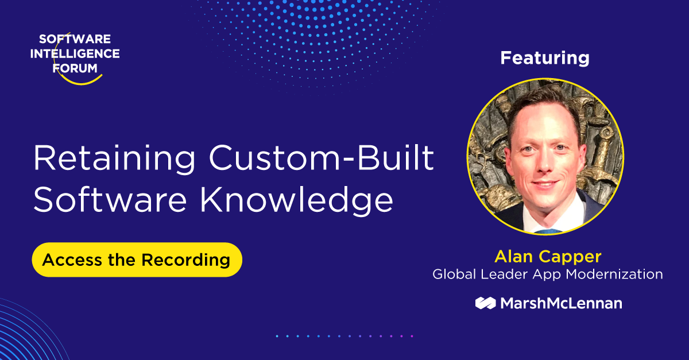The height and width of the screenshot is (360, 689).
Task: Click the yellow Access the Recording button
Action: pos(137,260)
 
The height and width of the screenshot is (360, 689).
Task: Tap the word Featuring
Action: pos(544,58)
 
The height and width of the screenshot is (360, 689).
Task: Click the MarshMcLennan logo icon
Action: pos(485,303)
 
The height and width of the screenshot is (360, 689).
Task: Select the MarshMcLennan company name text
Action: pos(560,303)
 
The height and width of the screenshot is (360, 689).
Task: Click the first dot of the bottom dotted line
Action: pos(277,336)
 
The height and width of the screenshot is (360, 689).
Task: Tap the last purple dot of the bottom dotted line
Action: pos(411,336)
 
